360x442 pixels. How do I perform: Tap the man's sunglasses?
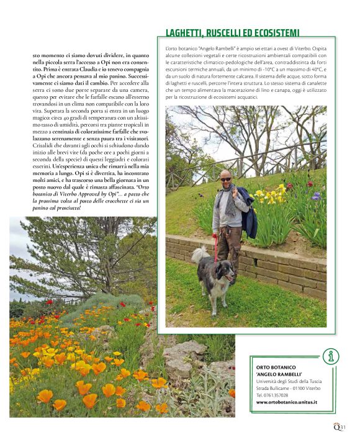(x=225, y=179)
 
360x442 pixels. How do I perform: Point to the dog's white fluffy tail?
(x=199, y=255)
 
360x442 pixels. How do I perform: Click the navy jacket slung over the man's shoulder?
(x=248, y=214)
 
